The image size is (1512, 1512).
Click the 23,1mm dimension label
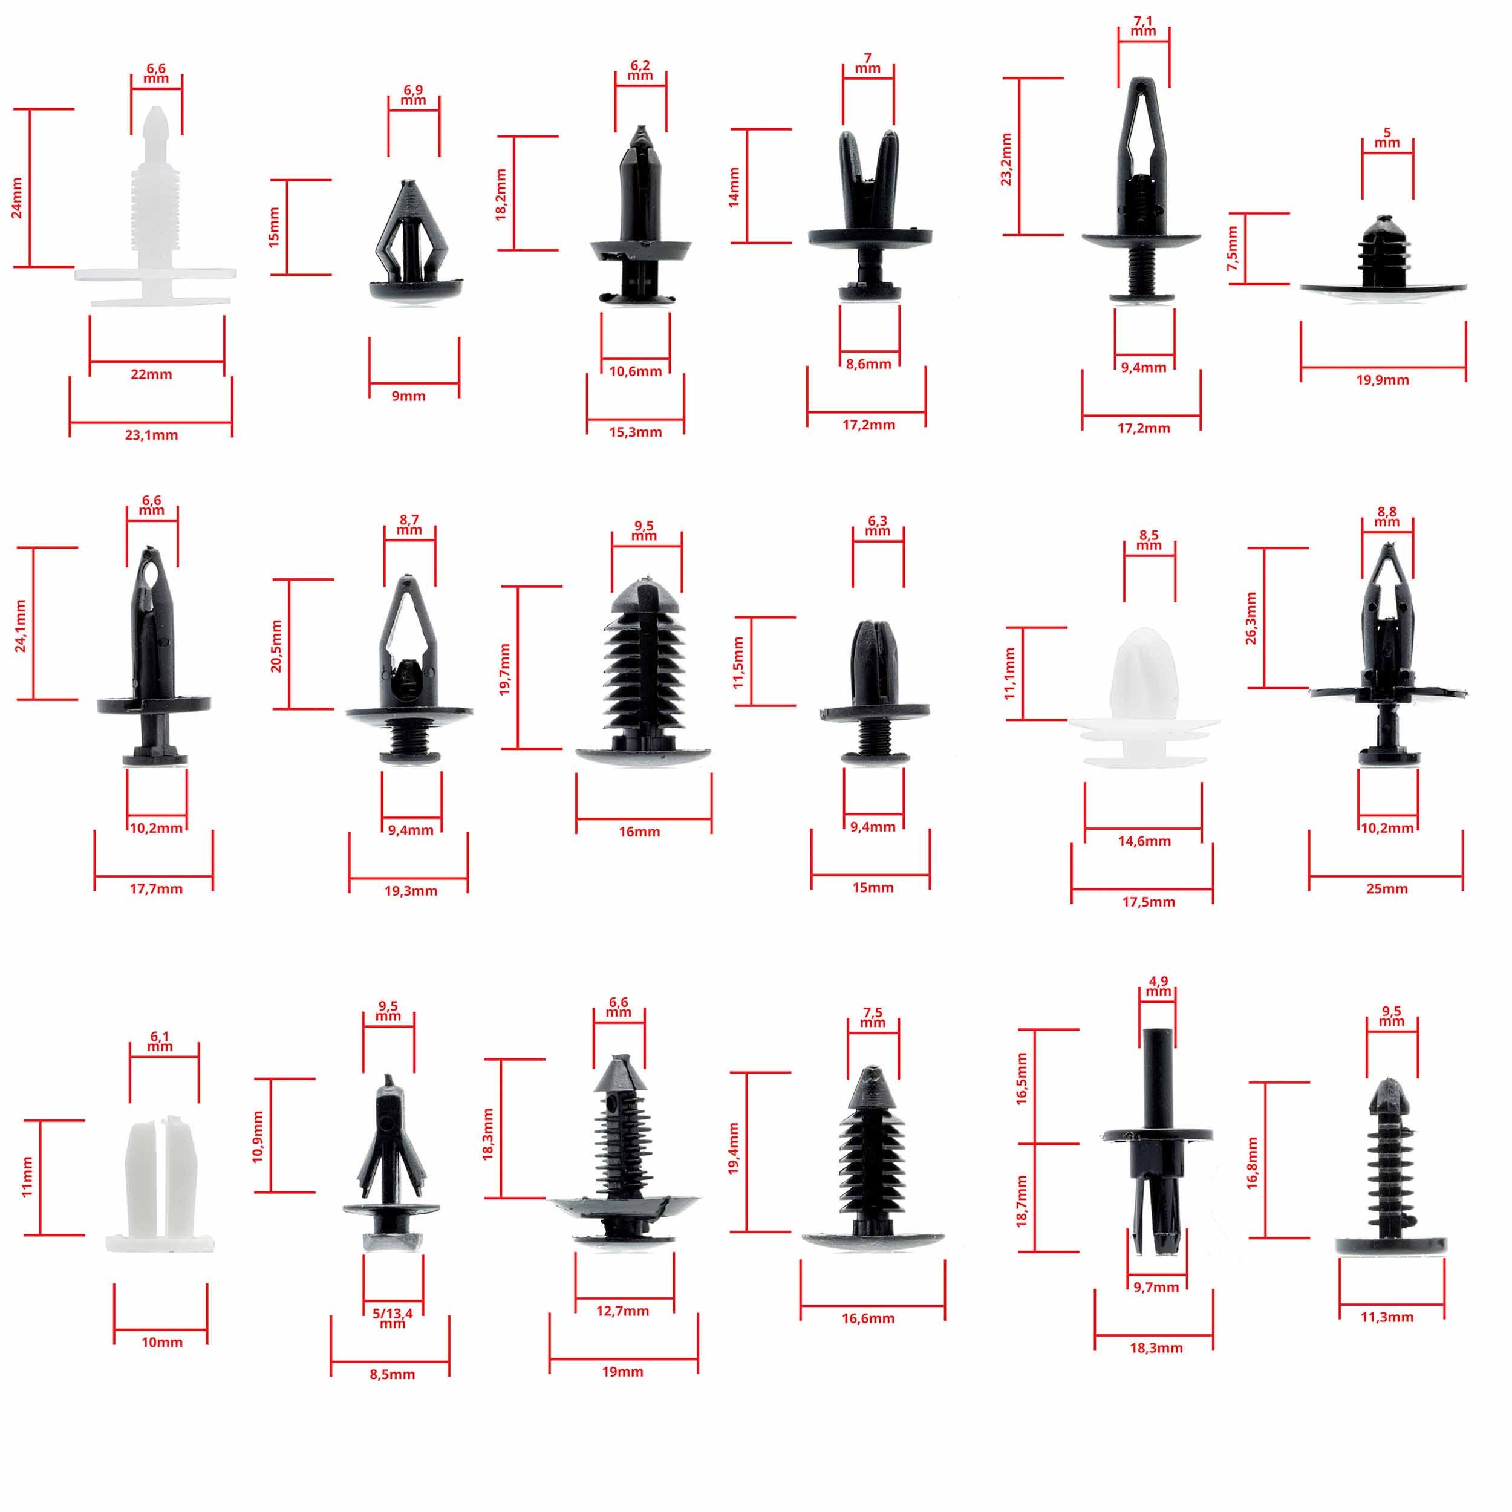pos(151,435)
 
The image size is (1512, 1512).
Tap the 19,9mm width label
pos(1382,380)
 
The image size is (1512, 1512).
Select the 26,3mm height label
pos(1251,618)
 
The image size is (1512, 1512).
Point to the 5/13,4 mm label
pos(392,1318)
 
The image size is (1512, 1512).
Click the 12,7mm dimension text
pos(622,1311)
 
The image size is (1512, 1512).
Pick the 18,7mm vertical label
pos(1022,1201)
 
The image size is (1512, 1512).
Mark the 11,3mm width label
pos(1387,1317)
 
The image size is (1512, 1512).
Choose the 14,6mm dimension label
pos(1144,841)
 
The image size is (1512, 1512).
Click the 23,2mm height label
pos(1006,160)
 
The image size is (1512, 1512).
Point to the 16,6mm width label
pos(868,1318)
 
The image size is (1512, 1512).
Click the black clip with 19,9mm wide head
pos(1383,258)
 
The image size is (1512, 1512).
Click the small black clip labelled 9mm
pos(413,243)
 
